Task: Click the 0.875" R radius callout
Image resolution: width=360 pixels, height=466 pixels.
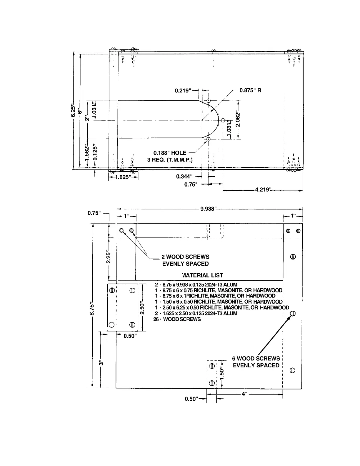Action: (250, 90)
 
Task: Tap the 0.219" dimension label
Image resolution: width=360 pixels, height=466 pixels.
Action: (183, 91)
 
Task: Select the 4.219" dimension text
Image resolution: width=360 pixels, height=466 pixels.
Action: (263, 189)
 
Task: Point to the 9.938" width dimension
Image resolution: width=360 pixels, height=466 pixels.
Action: (208, 209)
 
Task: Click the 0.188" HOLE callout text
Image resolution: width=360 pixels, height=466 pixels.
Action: (170, 153)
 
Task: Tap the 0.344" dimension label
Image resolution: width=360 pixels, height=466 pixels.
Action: (184, 177)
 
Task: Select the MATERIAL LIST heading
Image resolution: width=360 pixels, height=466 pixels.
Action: (202, 276)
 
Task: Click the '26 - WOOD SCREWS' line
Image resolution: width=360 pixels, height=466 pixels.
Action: (177, 319)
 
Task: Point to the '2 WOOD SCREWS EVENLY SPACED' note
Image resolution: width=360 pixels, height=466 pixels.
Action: (186, 260)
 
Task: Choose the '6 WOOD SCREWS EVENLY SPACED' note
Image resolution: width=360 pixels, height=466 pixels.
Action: (256, 362)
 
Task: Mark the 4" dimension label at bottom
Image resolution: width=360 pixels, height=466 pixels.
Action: (244, 394)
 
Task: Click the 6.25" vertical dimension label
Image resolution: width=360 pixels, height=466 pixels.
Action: (74, 110)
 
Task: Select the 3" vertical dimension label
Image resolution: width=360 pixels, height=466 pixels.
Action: (101, 362)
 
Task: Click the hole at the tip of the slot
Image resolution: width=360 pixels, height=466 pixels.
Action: (223, 120)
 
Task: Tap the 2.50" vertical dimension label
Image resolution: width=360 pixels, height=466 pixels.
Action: (142, 307)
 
